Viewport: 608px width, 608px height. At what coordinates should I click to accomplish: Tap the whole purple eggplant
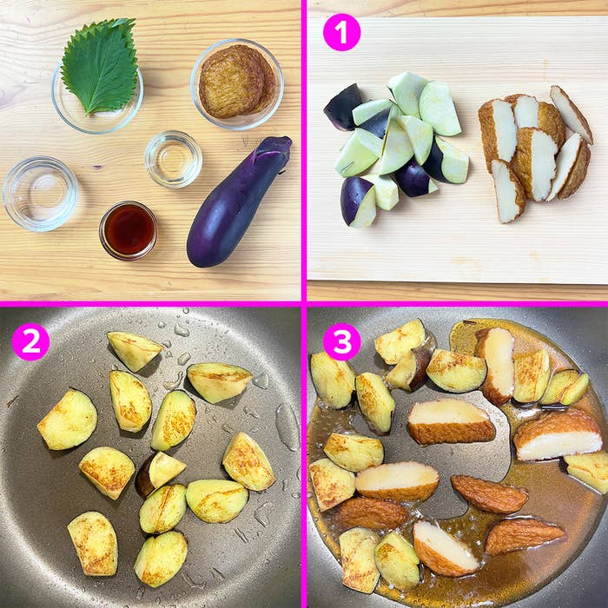click(x=236, y=204)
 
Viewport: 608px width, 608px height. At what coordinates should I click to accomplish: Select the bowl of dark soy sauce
click(x=129, y=231)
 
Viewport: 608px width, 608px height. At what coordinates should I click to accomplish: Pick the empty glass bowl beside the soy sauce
click(x=40, y=192)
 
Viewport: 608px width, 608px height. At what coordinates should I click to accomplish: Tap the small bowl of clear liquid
click(x=173, y=159)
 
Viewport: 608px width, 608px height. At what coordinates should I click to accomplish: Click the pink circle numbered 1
click(x=340, y=33)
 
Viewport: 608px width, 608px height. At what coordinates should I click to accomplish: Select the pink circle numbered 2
click(x=30, y=341)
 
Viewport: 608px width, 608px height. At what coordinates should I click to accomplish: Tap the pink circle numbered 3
click(x=340, y=341)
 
